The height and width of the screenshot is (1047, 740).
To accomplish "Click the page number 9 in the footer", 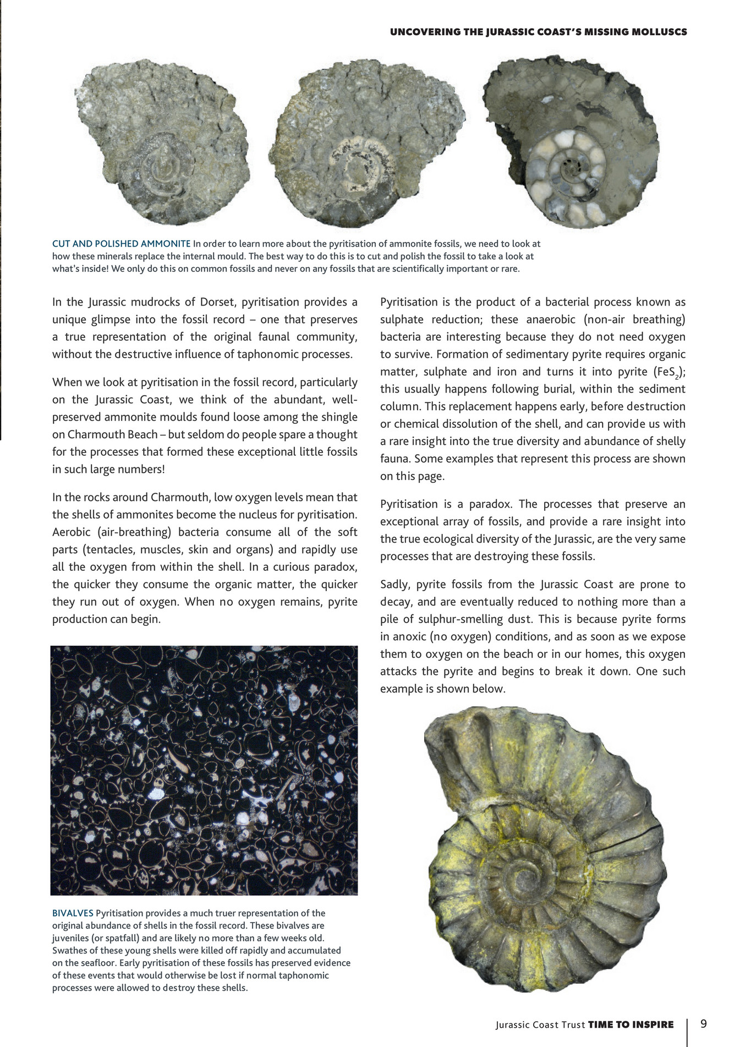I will click(x=704, y=1024).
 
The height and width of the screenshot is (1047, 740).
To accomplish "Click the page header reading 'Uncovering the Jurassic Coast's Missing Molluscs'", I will click(x=538, y=32).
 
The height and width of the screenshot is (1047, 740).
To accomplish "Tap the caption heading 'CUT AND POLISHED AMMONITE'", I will click(x=122, y=244).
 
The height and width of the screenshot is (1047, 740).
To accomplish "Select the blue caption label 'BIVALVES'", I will click(x=73, y=913).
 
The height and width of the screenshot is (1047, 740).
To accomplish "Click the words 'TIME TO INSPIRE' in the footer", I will click(x=631, y=1024).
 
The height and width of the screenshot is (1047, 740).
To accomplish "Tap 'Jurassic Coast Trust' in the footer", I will click(x=540, y=1025).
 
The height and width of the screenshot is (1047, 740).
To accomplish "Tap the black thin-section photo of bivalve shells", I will click(x=204, y=771).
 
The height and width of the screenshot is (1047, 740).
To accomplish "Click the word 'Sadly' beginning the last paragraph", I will click(x=394, y=585).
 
